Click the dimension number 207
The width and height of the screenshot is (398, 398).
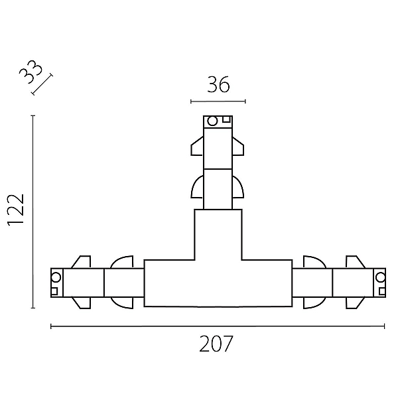[x=216, y=344]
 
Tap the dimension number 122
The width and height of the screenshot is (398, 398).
[x=16, y=210]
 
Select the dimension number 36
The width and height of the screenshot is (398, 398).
[x=218, y=84]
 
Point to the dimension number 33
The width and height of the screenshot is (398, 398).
[x=31, y=72]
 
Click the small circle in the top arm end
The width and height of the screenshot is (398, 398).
[x=212, y=121]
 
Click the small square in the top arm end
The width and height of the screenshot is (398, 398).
[x=226, y=119]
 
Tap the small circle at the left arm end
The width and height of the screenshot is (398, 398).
[x=56, y=277]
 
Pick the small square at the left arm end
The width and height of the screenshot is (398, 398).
[x=54, y=291]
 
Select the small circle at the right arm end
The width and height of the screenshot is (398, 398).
[x=380, y=277]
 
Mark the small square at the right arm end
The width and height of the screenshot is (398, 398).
[x=382, y=291]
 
